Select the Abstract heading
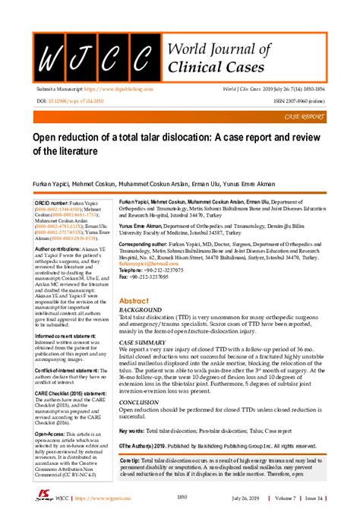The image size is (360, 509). pos(133,301)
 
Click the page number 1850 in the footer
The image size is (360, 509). pos(182,497)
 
